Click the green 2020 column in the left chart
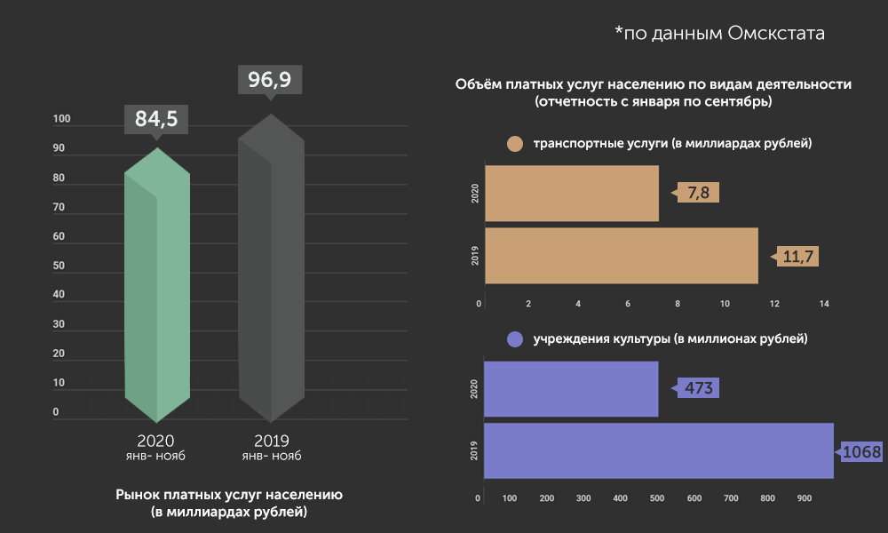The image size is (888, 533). coord(157,293)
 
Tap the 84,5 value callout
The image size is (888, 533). coord(156,118)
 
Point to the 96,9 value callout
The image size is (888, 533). coord(270,80)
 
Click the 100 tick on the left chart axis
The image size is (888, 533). coord(62,120)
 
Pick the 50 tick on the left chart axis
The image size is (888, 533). coord(59,266)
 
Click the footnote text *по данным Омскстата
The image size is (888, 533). coord(720,34)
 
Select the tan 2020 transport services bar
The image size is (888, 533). coord(573,193)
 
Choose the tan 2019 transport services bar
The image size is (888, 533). coord(622,256)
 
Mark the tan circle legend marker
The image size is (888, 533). coord(513,144)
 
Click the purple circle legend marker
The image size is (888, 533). coord(513,339)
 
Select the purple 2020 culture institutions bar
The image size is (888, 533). coord(571,388)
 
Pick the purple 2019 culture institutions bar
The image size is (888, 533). coord(659,451)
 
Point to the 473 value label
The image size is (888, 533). coord(699,388)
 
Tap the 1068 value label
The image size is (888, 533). coord(860,452)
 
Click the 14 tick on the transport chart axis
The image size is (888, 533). coord(824,305)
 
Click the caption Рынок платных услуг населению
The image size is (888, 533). coord(228,495)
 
